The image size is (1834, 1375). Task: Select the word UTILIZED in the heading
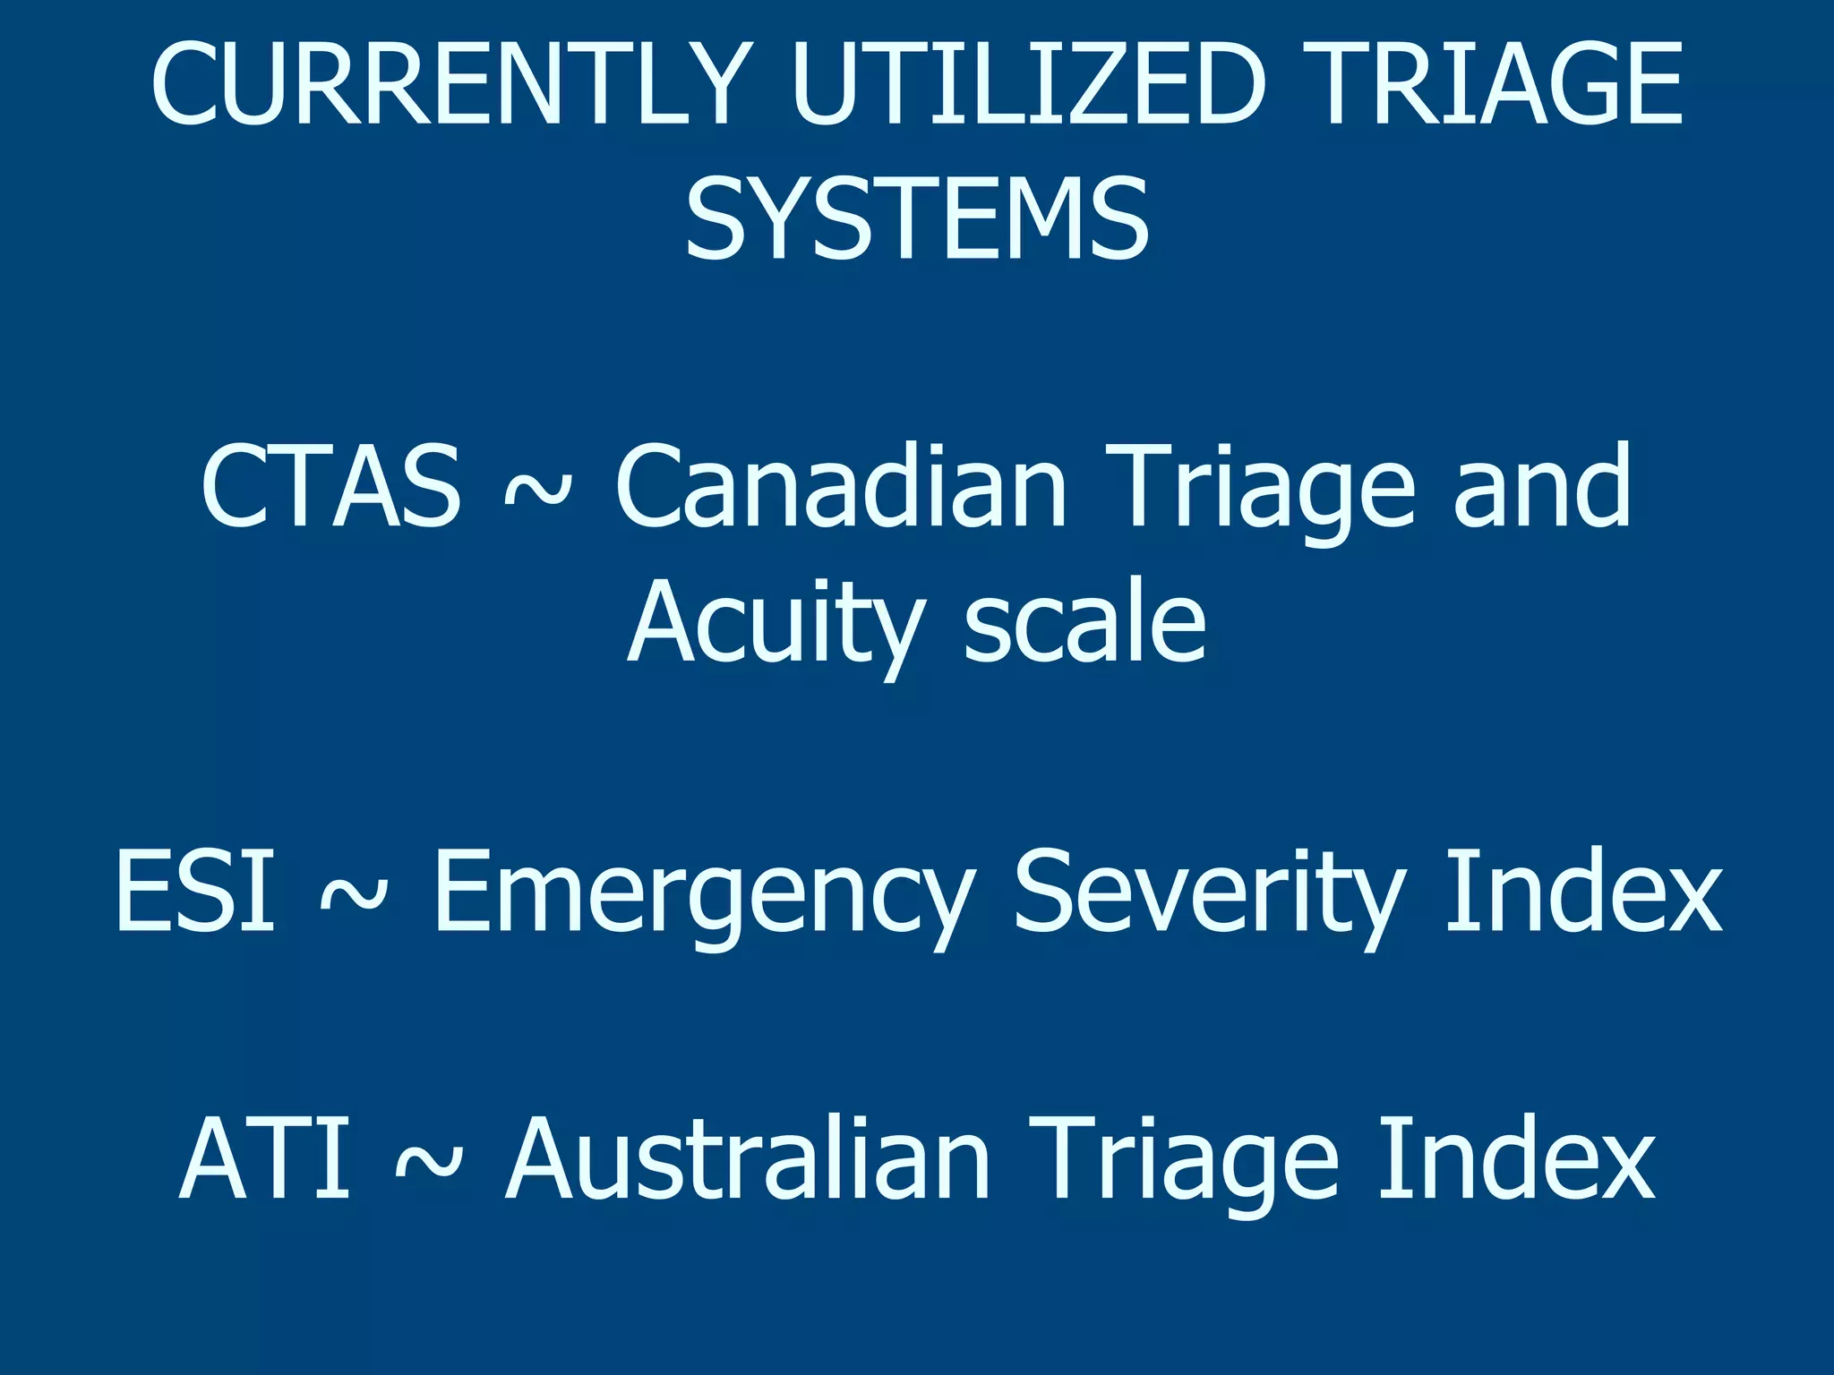(1029, 85)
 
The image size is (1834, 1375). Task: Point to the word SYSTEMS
(917, 219)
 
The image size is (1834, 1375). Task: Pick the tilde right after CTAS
(537, 491)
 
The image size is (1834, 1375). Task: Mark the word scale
(1085, 622)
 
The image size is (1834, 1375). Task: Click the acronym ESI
(195, 891)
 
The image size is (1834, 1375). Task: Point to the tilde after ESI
(354, 893)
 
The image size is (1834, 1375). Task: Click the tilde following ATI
(429, 1162)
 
